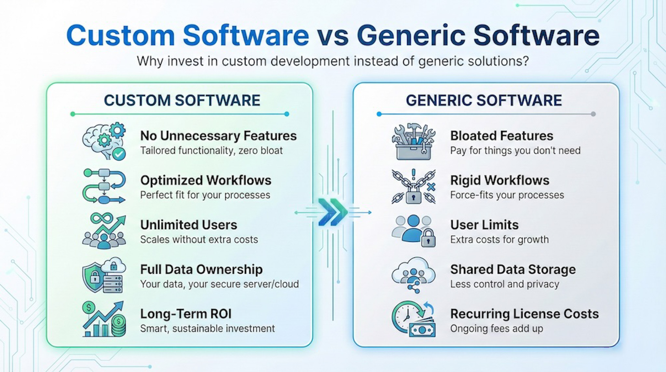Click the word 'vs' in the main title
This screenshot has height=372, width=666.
pos(333,36)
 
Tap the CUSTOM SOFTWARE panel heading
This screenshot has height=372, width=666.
pos(182,100)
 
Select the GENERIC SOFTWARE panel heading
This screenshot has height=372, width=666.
pos(484,100)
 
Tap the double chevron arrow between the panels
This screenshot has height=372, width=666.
pos(333,212)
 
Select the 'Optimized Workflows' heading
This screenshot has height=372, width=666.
pos(206,180)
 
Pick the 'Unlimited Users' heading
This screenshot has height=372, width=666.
pos(189,225)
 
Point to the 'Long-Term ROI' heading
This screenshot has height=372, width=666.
pos(186,314)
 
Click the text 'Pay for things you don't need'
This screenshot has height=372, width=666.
pos(515,151)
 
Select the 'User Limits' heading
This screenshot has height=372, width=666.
pos(484,225)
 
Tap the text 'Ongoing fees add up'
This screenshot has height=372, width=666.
pos(497,329)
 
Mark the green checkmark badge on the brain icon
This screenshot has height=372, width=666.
pos(119,154)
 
